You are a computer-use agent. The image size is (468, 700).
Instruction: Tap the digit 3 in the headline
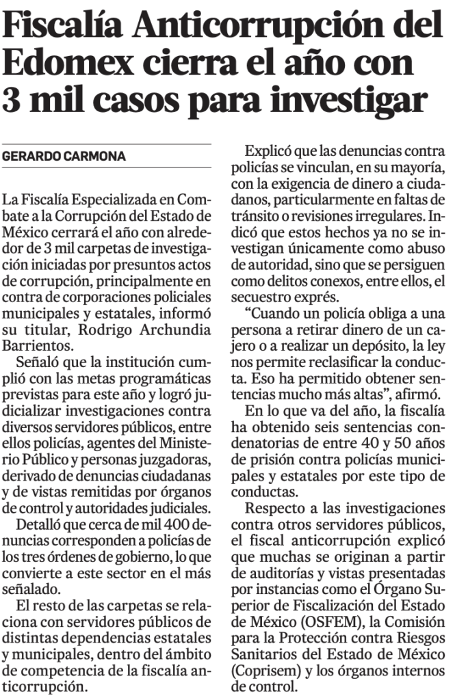[x=14, y=102]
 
